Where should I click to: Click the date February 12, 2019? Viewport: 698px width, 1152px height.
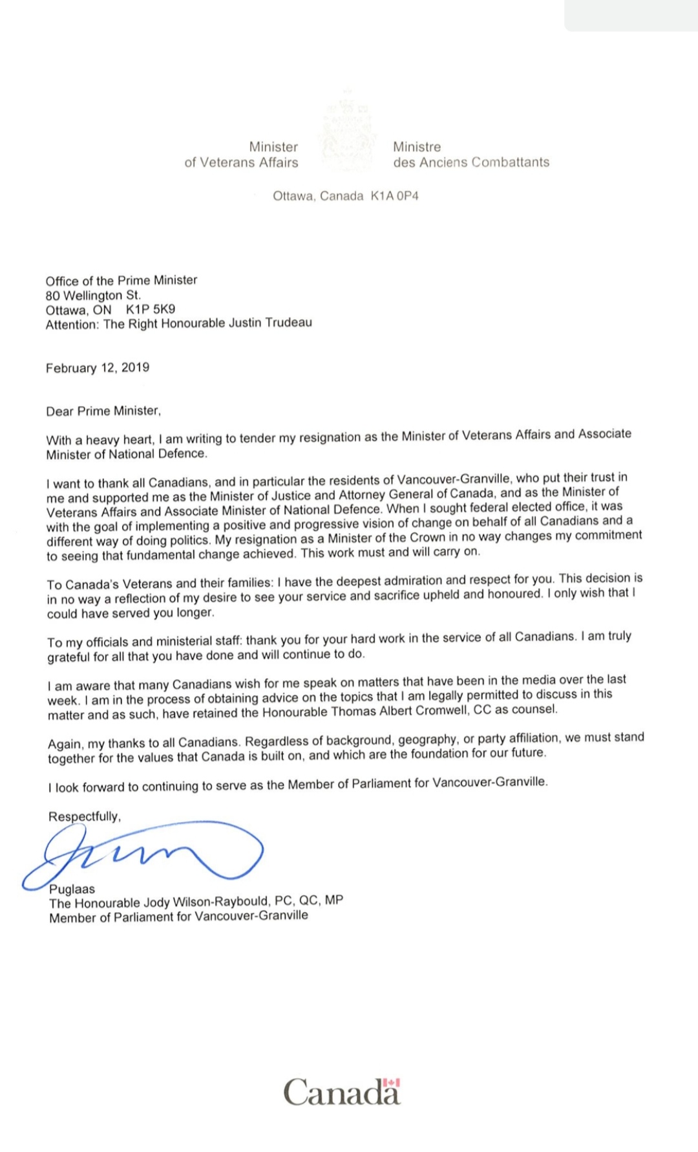98,368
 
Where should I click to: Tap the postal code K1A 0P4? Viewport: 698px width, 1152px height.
394,196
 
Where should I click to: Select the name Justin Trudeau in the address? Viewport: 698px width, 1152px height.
271,322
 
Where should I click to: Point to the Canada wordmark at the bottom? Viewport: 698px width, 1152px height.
342,1092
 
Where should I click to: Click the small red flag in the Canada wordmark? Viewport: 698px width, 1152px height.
392,1082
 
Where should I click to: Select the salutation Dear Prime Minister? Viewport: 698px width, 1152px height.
103,411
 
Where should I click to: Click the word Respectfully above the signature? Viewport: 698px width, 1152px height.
84,816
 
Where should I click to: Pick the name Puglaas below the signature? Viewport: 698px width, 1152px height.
72,889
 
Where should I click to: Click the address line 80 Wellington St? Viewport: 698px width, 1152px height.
93,295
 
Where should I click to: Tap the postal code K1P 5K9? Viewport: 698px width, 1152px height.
151,309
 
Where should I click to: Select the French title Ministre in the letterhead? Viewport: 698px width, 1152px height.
417,147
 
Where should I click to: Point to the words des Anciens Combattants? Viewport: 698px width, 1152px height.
471,162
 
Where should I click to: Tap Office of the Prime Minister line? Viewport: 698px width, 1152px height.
122,280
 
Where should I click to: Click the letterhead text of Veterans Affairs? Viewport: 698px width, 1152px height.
241,162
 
